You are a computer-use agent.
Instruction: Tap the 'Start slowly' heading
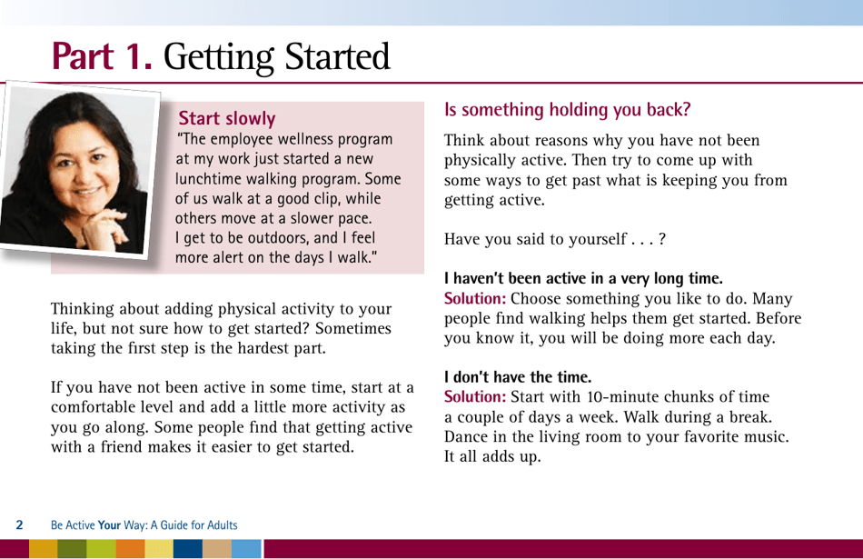(x=227, y=118)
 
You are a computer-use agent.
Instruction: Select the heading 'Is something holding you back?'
(x=567, y=110)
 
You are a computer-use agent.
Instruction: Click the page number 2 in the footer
(x=19, y=525)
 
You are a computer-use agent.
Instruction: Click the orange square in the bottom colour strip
(x=130, y=549)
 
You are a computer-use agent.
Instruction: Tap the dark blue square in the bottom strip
(x=187, y=549)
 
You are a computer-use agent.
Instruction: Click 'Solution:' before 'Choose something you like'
(x=474, y=299)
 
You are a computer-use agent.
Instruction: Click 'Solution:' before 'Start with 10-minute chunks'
(x=474, y=397)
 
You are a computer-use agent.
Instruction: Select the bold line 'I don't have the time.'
(x=518, y=375)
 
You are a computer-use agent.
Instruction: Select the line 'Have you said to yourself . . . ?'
(x=554, y=240)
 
